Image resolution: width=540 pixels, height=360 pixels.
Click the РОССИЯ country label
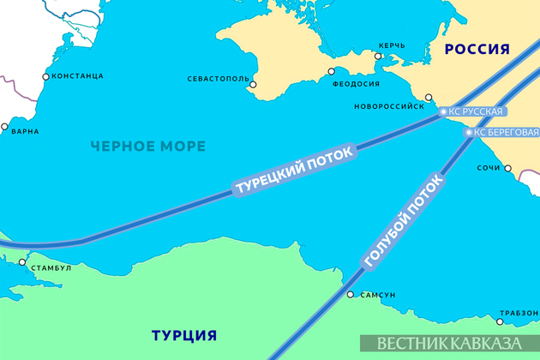pyautogui.click(x=478, y=50)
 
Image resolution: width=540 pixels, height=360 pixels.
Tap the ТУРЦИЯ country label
pyautogui.click(x=183, y=334)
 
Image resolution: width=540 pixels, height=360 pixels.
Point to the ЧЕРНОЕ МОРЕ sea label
pyautogui.click(x=148, y=147)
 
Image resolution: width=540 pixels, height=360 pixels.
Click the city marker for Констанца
pyautogui.click(x=45, y=76)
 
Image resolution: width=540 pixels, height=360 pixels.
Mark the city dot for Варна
pyautogui.click(x=5, y=129)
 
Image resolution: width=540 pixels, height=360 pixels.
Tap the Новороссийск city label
pyautogui.click(x=388, y=107)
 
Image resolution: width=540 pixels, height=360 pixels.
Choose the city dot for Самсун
pyautogui.click(x=351, y=294)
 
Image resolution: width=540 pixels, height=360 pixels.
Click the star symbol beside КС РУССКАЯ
pyautogui.click(x=443, y=111)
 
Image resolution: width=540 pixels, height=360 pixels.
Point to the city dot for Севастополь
pyautogui.click(x=252, y=84)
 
